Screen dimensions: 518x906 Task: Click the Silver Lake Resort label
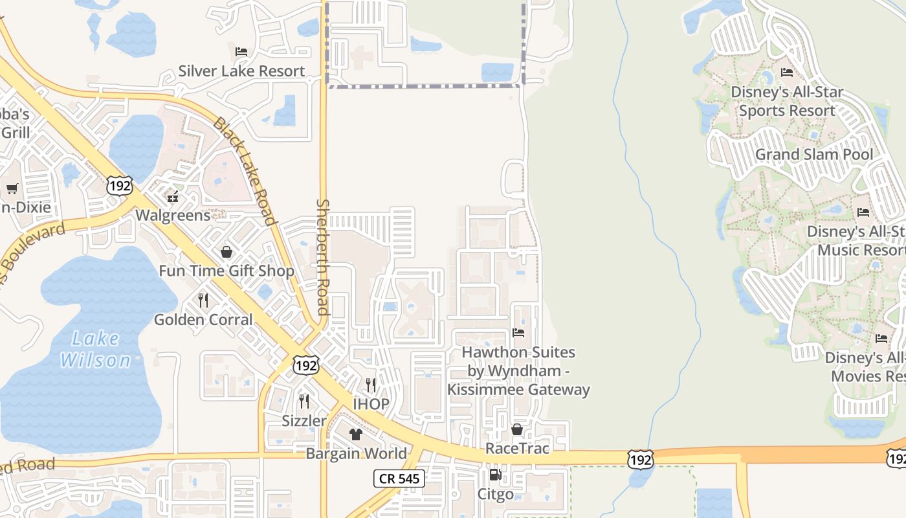click(241, 71)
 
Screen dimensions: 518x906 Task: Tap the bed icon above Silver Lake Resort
click(241, 51)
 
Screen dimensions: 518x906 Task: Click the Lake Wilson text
click(96, 349)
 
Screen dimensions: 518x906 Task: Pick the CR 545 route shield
click(399, 479)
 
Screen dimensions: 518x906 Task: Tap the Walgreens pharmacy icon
click(173, 196)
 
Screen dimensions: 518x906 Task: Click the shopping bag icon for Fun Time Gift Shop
click(226, 251)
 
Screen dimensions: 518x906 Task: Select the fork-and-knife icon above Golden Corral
click(203, 300)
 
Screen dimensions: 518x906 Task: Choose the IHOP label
click(371, 404)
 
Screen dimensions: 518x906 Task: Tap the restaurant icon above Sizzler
click(304, 401)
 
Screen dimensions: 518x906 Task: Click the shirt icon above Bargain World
click(356, 434)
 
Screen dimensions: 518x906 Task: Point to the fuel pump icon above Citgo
click(495, 475)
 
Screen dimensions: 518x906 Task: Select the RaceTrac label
click(517, 448)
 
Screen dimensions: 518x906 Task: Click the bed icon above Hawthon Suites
click(518, 333)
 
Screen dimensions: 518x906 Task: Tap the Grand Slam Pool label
click(814, 154)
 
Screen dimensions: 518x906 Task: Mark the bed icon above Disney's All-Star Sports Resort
click(787, 73)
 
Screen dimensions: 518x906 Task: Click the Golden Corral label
click(203, 319)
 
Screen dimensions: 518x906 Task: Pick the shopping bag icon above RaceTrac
click(517, 429)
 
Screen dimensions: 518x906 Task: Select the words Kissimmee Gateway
click(518, 389)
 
